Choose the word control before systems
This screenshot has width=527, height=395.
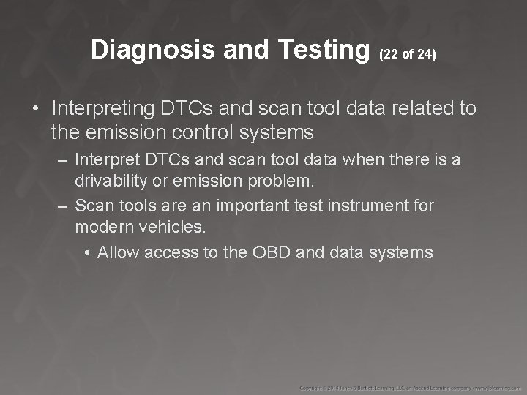coord(219,132)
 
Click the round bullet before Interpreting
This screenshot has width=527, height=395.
coord(35,110)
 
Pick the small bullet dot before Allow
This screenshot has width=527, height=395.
coord(87,253)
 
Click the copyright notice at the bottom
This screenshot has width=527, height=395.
coord(411,386)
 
